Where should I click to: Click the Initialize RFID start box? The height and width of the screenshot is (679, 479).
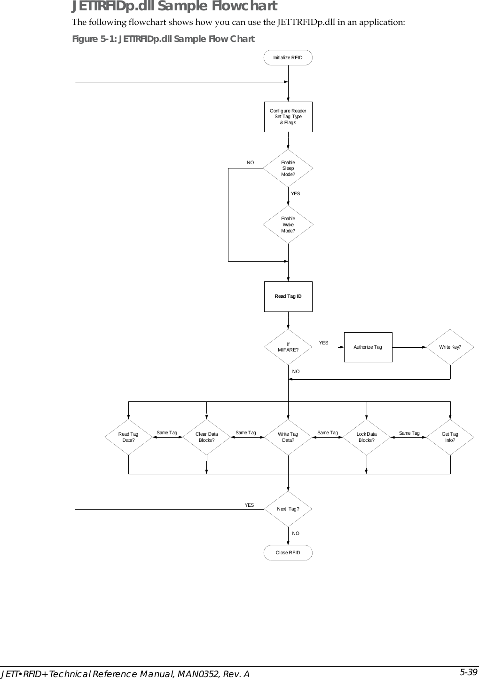point(288,57)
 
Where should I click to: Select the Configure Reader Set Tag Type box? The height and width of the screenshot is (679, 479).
point(288,117)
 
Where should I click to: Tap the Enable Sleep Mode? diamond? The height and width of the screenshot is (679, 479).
point(288,168)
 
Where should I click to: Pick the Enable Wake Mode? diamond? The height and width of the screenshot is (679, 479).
point(288,224)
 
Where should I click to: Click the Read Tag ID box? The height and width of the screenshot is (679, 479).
point(288,296)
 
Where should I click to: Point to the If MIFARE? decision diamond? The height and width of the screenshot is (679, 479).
point(288,347)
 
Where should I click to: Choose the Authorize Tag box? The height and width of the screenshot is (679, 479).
point(368,347)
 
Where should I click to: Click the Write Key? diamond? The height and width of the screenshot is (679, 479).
point(450,347)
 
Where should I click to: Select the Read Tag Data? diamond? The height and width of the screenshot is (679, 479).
point(128,437)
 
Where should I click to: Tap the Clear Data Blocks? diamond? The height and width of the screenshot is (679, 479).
point(207,437)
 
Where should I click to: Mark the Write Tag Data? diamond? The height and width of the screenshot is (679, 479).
point(288,437)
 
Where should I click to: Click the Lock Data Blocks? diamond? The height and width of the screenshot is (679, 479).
point(367,437)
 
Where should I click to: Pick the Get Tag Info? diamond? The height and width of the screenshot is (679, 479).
point(450,437)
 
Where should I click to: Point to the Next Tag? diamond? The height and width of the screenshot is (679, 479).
point(288,509)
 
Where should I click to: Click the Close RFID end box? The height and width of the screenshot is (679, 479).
point(288,552)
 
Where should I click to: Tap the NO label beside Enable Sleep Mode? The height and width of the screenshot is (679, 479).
point(251,162)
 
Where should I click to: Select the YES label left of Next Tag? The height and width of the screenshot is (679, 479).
point(249,505)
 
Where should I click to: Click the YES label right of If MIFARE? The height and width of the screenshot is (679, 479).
point(324,343)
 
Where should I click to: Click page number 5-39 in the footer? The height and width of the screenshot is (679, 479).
point(468,672)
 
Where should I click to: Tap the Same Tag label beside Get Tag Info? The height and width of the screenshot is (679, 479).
point(409,433)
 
